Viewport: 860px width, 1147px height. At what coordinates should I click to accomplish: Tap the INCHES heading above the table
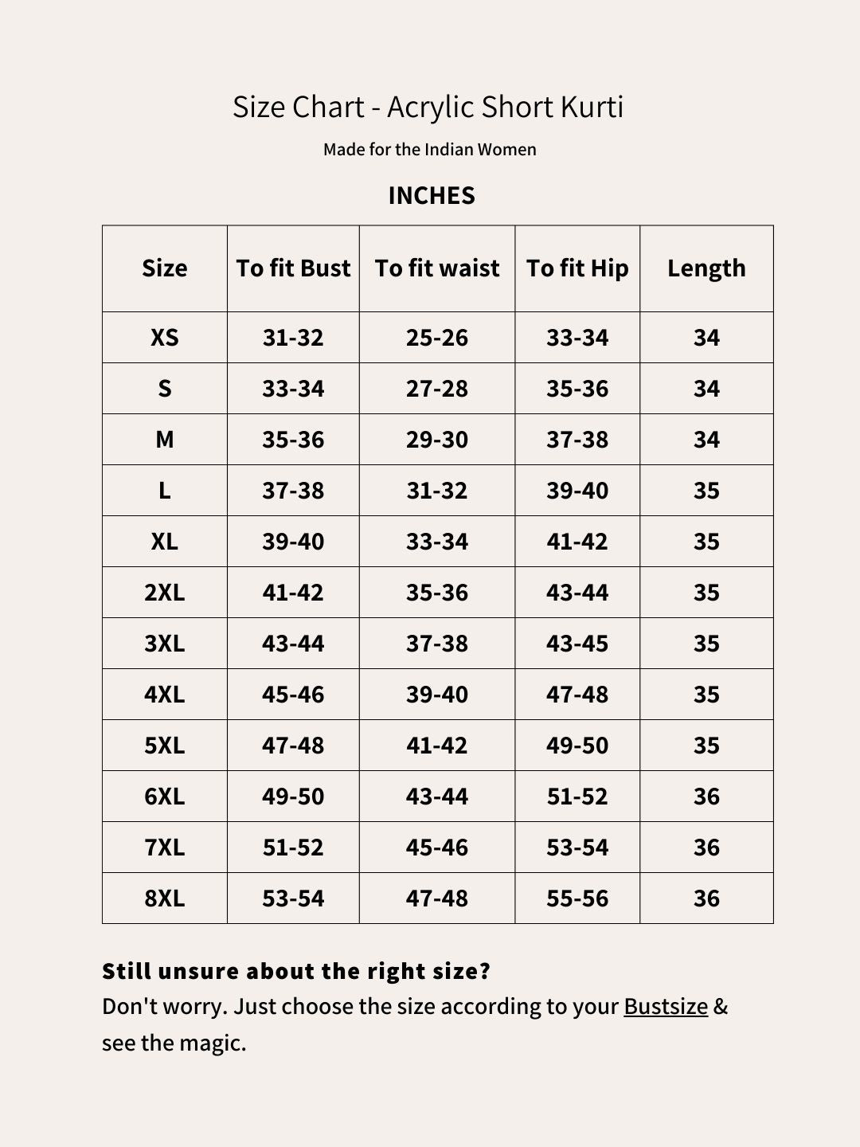(x=431, y=195)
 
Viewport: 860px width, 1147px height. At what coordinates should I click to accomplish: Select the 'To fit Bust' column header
(x=293, y=268)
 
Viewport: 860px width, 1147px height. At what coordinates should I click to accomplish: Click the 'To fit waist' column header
(x=437, y=268)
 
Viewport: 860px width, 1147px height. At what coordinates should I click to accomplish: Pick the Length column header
(x=706, y=268)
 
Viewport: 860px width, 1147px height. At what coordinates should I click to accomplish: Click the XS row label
(x=164, y=338)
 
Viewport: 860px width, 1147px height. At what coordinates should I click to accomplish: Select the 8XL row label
(x=164, y=898)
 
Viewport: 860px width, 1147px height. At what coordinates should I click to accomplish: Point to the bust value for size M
(x=293, y=440)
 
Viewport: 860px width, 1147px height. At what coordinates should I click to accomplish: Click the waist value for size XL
(x=437, y=542)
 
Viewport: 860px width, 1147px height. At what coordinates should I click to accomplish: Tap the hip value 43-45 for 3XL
(x=577, y=644)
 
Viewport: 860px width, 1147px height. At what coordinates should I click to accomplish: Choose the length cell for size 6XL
(x=706, y=797)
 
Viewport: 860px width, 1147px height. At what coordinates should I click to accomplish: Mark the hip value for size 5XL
(x=577, y=746)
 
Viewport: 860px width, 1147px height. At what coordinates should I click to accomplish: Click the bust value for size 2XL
(x=293, y=593)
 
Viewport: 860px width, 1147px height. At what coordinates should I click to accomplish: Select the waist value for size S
(x=437, y=389)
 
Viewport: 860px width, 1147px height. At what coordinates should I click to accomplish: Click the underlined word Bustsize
(x=666, y=1007)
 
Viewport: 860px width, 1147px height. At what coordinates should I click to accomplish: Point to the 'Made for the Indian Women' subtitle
(x=430, y=150)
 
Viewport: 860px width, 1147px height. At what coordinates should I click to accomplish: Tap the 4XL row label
(x=164, y=695)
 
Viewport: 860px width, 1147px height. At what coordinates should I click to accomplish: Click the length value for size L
(x=706, y=491)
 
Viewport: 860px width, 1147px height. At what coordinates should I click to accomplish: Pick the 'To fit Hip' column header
(x=577, y=268)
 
